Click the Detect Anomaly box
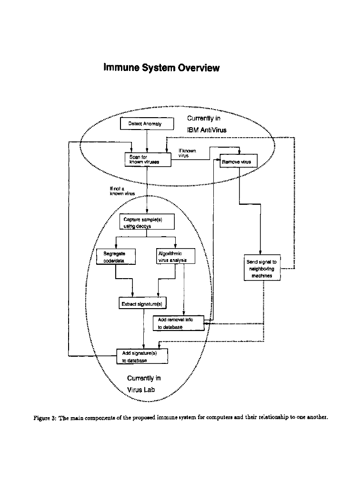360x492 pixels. pyautogui.click(x=147, y=124)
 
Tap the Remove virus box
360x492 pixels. pyautogui.click(x=238, y=162)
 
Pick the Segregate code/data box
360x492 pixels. pyautogui.click(x=116, y=257)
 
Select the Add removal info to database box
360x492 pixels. pyautogui.click(x=179, y=323)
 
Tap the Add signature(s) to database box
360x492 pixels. pyautogui.click(x=142, y=356)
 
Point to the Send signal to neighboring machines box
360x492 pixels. pyautogui.click(x=261, y=269)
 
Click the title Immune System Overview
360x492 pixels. pyautogui.click(x=161, y=68)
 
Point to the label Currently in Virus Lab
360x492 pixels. pyautogui.click(x=144, y=384)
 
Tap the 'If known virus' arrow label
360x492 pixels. pyautogui.click(x=187, y=153)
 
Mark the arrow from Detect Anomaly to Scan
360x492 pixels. pyautogui.click(x=147, y=141)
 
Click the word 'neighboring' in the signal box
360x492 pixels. pyautogui.click(x=261, y=269)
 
